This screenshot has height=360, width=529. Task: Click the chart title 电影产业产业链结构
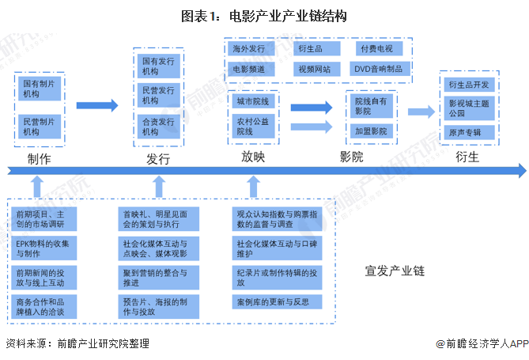pos(264,15)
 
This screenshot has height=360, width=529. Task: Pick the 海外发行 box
pos(249,49)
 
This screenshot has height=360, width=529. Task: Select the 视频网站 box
pos(314,69)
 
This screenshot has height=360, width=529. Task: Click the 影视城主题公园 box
pos(474,108)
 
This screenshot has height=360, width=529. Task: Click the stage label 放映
pos(253,157)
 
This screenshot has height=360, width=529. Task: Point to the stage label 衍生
pos(467,157)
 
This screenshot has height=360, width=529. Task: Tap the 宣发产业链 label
pos(395,271)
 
